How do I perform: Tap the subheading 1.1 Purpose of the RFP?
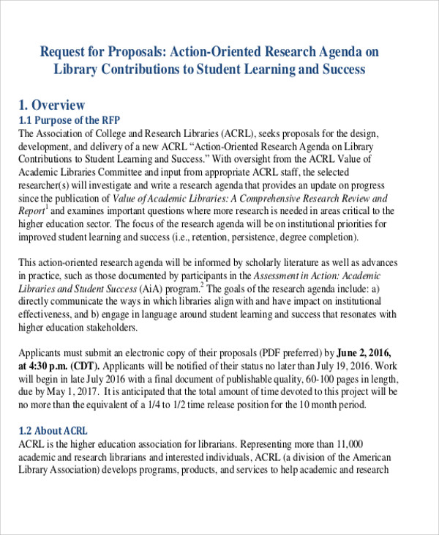click(x=69, y=120)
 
